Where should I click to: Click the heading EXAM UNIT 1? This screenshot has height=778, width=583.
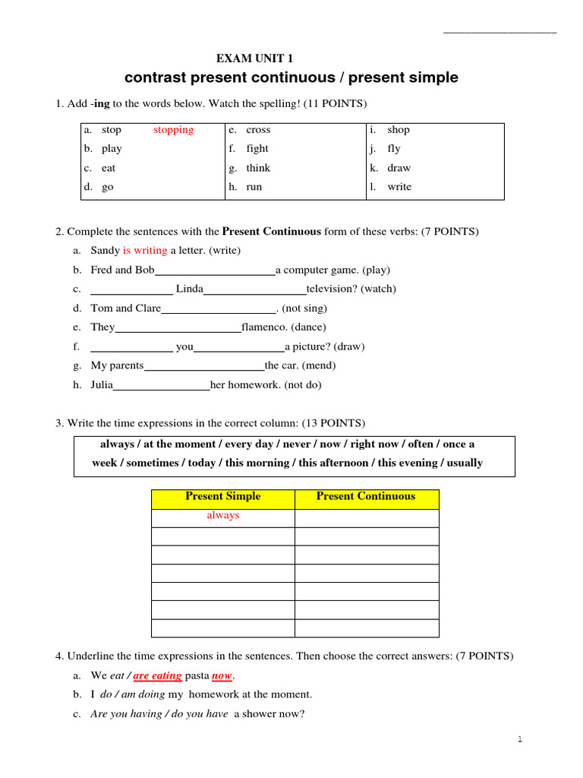[x=254, y=59]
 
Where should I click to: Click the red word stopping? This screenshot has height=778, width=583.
[x=173, y=130]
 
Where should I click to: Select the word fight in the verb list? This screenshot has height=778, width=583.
[x=257, y=149]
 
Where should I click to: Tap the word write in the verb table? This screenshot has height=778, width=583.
[x=399, y=187]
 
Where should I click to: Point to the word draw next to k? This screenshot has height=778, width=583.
[x=399, y=168]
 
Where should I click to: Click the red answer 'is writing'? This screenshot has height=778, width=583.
[x=145, y=250]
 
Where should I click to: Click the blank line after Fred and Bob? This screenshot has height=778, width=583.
[x=215, y=271]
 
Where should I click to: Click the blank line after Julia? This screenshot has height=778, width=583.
[x=162, y=386]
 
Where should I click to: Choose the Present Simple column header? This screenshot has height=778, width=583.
[x=222, y=497]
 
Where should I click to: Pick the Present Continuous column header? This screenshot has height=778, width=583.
[x=366, y=497]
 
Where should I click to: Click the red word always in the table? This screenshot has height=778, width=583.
[x=222, y=516]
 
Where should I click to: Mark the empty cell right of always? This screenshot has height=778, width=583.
[x=366, y=518]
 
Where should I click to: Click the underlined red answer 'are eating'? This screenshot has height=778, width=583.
[x=157, y=675]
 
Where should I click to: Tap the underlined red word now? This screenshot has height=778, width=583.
[x=222, y=675]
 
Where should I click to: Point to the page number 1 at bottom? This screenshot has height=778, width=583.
[x=520, y=739]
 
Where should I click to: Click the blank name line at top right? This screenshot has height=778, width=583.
[x=499, y=33]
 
